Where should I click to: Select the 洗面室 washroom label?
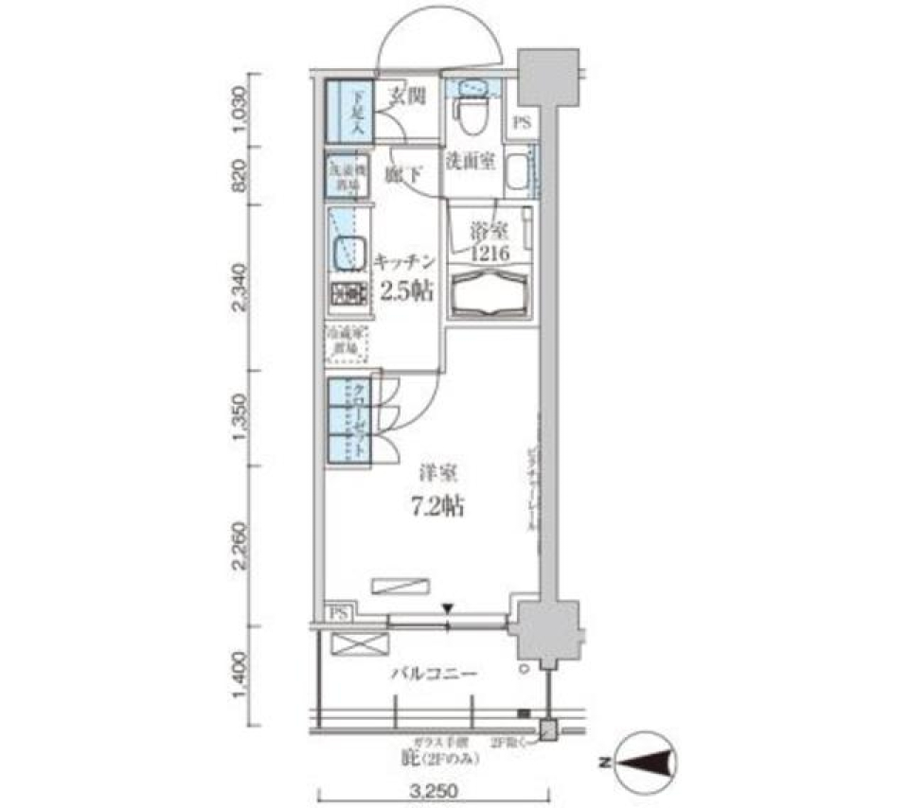click(x=471, y=162)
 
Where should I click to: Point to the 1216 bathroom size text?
click(x=490, y=253)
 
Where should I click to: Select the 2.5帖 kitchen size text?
click(x=406, y=290)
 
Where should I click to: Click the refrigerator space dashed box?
click(x=347, y=343)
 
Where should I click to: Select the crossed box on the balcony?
click(x=360, y=645)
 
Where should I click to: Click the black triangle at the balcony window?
click(x=449, y=608)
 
